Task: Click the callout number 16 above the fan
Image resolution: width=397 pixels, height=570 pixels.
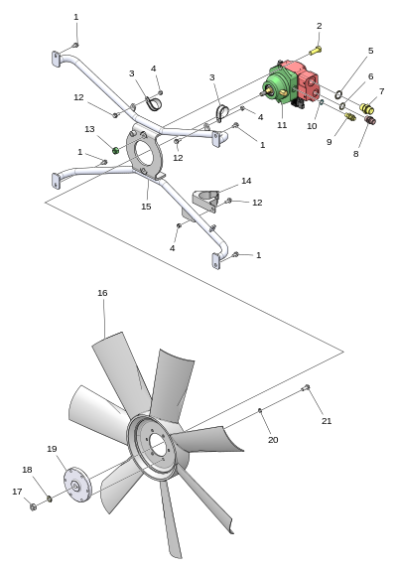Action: click(x=102, y=293)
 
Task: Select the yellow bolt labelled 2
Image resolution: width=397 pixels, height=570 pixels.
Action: click(x=316, y=51)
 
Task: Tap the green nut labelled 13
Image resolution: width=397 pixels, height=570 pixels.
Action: click(x=115, y=150)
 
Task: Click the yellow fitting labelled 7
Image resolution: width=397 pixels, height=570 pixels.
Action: click(x=367, y=108)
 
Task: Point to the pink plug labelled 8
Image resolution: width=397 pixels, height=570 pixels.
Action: click(x=370, y=120)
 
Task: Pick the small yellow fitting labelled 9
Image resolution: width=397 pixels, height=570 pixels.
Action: click(x=350, y=117)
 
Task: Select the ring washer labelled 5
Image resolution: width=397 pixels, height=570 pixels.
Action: click(x=338, y=95)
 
